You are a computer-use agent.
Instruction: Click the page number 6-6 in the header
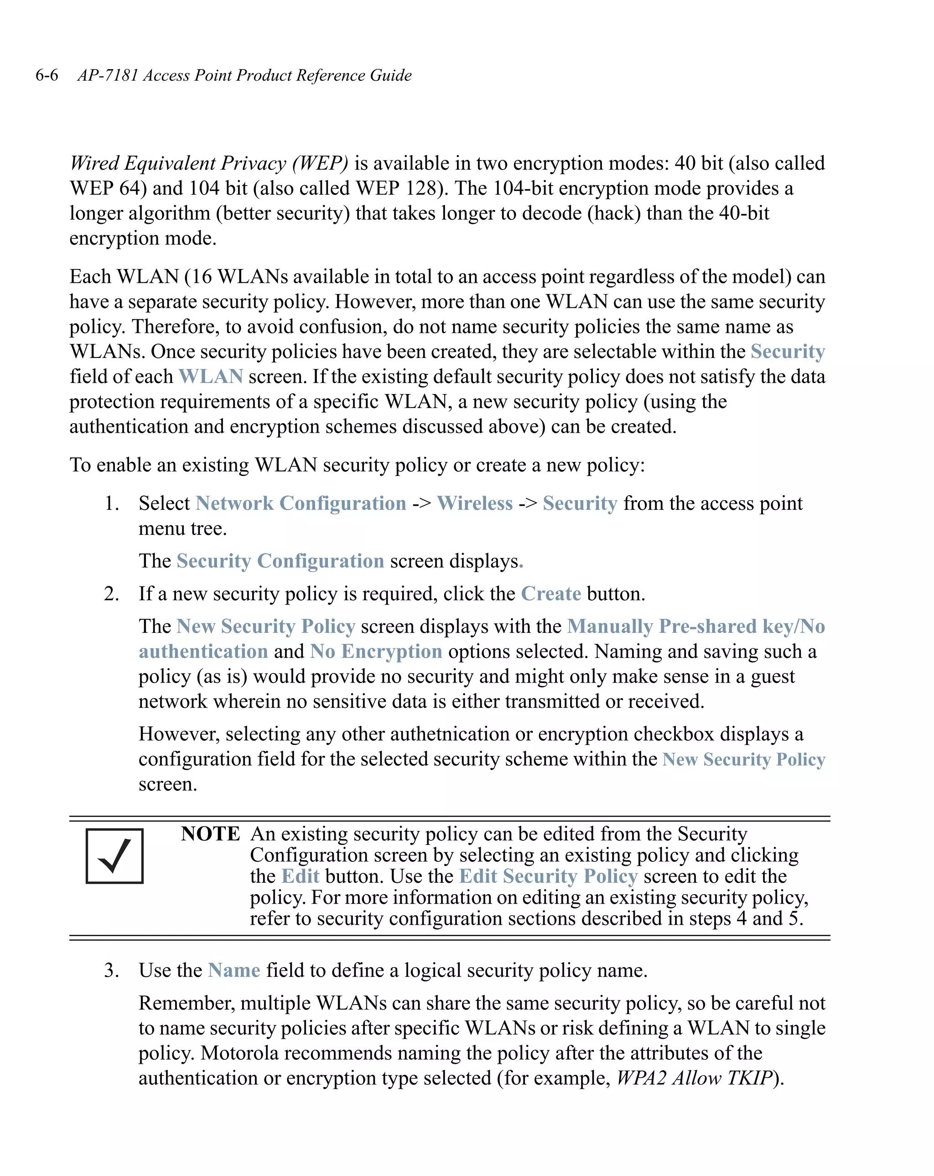point(47,75)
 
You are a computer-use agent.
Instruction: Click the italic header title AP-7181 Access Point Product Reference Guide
point(244,75)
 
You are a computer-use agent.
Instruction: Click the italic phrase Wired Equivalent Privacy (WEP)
point(209,163)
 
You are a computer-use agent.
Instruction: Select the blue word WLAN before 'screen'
point(211,376)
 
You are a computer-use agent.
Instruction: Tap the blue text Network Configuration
point(301,503)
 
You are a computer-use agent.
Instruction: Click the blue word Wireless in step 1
point(475,503)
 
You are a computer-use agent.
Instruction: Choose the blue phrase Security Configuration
point(280,561)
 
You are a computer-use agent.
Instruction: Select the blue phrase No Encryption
point(376,651)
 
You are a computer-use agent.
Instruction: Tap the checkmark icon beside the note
point(114,856)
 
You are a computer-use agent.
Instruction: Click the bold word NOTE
point(210,834)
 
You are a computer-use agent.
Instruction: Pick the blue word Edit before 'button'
point(300,876)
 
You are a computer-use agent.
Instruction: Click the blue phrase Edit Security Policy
point(548,876)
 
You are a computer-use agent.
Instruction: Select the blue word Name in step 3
point(234,970)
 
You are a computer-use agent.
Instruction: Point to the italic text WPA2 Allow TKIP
point(695,1078)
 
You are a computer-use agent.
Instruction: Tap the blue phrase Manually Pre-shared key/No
point(695,626)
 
